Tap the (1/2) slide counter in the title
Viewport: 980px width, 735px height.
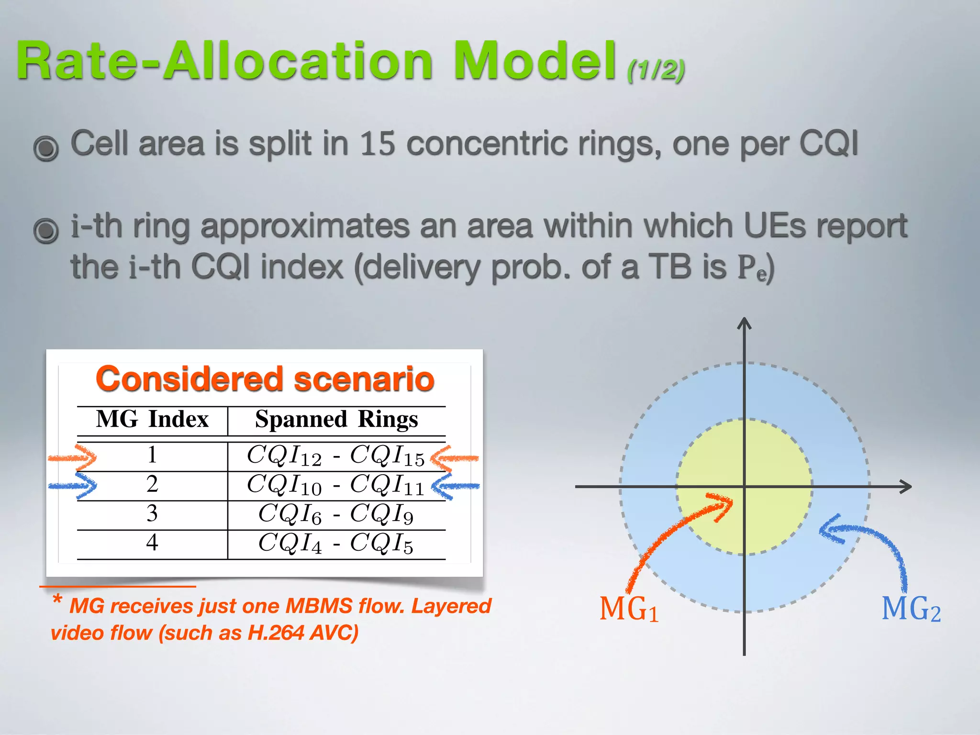click(656, 70)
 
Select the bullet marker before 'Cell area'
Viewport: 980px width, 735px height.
click(46, 148)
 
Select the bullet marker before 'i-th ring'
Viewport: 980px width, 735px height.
click(46, 230)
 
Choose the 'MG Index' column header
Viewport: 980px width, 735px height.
click(152, 420)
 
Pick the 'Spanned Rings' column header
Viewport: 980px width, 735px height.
click(336, 420)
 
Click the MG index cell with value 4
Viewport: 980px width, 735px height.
click(152, 543)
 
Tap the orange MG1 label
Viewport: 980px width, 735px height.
click(629, 609)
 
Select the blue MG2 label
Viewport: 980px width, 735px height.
click(911, 609)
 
